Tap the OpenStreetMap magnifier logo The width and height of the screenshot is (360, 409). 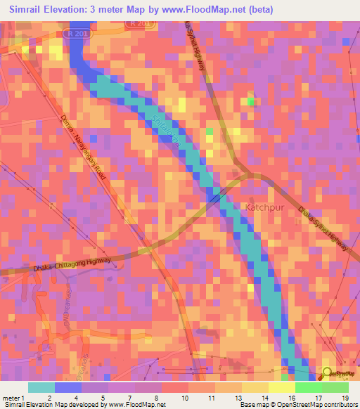point(327,372)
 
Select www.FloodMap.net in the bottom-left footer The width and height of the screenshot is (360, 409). point(138,405)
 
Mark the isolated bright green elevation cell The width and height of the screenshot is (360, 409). point(251,102)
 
